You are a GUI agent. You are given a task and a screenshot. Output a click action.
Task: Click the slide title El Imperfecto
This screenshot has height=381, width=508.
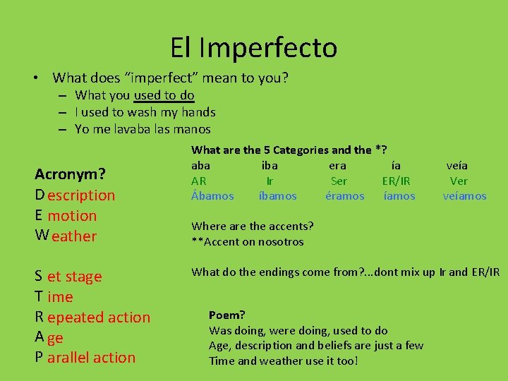point(254,48)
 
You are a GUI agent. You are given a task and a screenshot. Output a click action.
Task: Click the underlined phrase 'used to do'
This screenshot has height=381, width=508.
point(164,95)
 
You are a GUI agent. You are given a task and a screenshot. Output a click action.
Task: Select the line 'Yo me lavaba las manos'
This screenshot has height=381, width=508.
point(143,129)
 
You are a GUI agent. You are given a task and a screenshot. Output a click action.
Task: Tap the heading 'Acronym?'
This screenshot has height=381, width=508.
point(71,174)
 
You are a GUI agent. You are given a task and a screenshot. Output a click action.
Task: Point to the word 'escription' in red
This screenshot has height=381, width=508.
point(81,195)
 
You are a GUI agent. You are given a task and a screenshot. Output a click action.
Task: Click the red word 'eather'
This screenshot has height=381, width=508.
point(73,236)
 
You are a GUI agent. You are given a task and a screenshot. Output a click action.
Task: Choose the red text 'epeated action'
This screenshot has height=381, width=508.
point(99,317)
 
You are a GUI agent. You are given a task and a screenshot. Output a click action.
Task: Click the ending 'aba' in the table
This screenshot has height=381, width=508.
point(200,166)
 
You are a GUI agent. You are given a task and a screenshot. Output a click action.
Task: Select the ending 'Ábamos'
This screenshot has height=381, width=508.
point(212,196)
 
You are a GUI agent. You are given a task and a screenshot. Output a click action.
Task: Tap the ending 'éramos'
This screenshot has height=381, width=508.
point(345,196)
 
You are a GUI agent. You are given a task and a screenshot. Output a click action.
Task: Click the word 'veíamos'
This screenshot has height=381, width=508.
point(464,196)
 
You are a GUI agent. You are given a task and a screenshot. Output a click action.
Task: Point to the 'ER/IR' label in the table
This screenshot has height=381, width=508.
point(396,181)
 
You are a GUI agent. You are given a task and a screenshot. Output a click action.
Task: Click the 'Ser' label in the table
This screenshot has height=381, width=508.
point(339,181)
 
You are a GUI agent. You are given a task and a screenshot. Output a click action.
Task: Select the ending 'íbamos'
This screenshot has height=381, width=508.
point(278,196)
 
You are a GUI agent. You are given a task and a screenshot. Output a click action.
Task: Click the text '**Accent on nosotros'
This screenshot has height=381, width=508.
point(247,242)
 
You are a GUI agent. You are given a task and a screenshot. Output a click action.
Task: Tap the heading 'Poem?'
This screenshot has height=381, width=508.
point(227,315)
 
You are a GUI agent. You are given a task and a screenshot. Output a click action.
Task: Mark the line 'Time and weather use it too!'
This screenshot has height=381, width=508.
point(284,361)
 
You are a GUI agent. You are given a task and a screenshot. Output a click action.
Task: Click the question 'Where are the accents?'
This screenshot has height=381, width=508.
point(253,226)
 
